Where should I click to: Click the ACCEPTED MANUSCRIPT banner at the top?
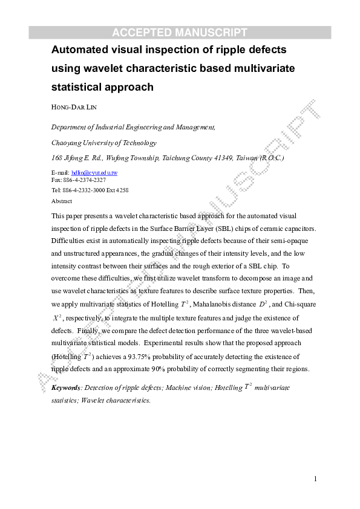point(180,33)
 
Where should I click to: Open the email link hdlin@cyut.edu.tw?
point(94,173)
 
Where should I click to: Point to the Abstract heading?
point(62,201)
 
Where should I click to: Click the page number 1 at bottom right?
point(315,479)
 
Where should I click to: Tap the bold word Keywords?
point(66,387)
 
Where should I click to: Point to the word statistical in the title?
point(76,87)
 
